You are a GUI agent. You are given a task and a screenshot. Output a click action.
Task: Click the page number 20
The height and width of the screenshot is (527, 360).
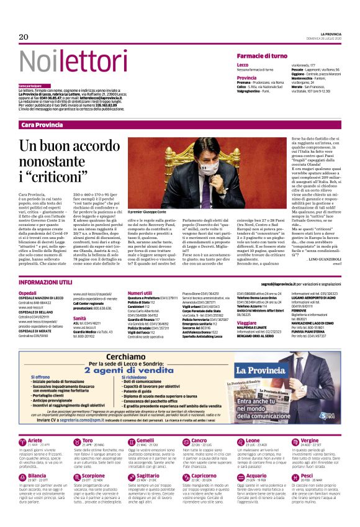[24, 37]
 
